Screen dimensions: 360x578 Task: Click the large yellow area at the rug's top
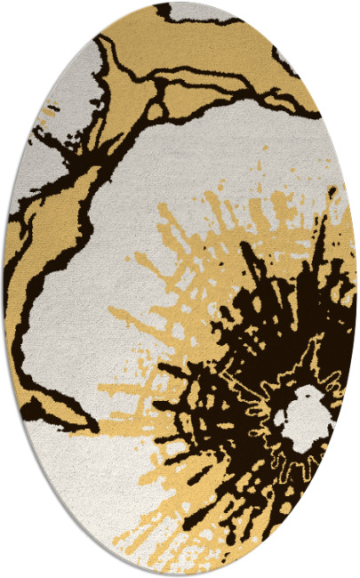213,53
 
